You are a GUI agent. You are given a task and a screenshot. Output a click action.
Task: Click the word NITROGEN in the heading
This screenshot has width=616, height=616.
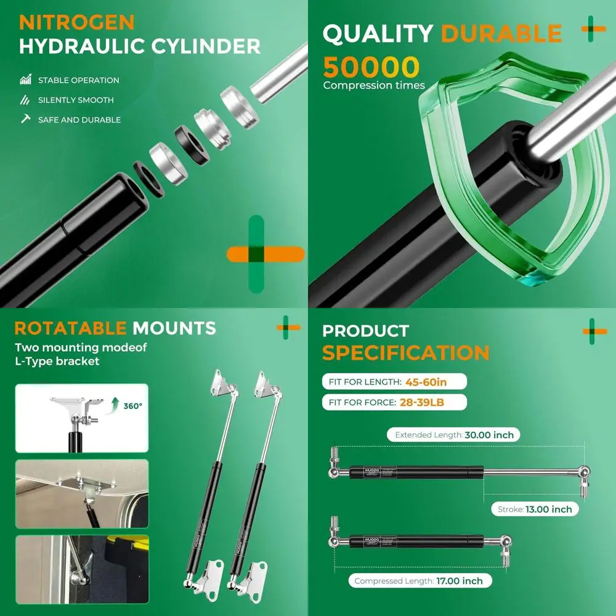point(76,22)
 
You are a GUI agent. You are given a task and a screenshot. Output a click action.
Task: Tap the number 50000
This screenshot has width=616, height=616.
point(371,67)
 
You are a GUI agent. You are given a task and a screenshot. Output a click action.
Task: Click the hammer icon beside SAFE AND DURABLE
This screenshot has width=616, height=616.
point(25,119)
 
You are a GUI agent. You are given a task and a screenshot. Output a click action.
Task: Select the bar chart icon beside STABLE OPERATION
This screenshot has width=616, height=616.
point(25,79)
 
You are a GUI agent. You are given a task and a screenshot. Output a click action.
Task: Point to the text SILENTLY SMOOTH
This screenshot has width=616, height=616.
point(76,100)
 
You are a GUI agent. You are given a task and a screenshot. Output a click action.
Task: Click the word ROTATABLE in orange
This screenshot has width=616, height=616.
point(71,328)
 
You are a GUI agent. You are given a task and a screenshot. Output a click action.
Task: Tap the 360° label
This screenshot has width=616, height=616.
point(132,406)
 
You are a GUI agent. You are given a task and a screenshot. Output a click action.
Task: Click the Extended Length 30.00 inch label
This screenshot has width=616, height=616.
point(454,435)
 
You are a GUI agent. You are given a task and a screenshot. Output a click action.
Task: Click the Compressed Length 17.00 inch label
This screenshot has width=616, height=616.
point(419,581)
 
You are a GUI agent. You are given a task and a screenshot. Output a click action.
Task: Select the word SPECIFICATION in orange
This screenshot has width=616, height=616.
point(405,353)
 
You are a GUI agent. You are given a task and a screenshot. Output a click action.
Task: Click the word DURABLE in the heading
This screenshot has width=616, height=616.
point(501,34)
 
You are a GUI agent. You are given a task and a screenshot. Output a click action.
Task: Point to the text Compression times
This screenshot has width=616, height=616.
point(374,86)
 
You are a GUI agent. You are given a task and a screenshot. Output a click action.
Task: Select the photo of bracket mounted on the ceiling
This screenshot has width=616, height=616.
point(81,493)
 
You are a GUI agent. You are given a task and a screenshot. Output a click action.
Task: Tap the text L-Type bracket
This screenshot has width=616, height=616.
point(57,362)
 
